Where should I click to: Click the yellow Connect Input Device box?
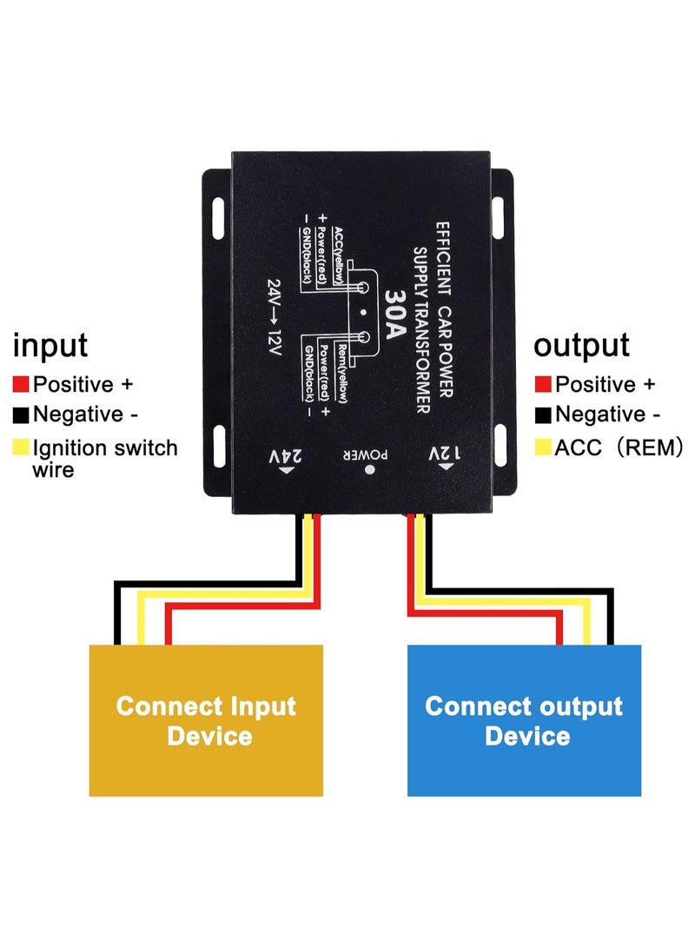(x=206, y=720)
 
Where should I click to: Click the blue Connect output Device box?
(x=525, y=720)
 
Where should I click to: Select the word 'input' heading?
(x=50, y=345)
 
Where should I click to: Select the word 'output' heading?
(x=581, y=345)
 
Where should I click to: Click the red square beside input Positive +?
(x=21, y=384)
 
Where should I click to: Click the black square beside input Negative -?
(x=21, y=414)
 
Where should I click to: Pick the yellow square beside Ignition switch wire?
(x=21, y=448)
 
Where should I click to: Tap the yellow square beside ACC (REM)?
(x=544, y=447)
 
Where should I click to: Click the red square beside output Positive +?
(x=544, y=384)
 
